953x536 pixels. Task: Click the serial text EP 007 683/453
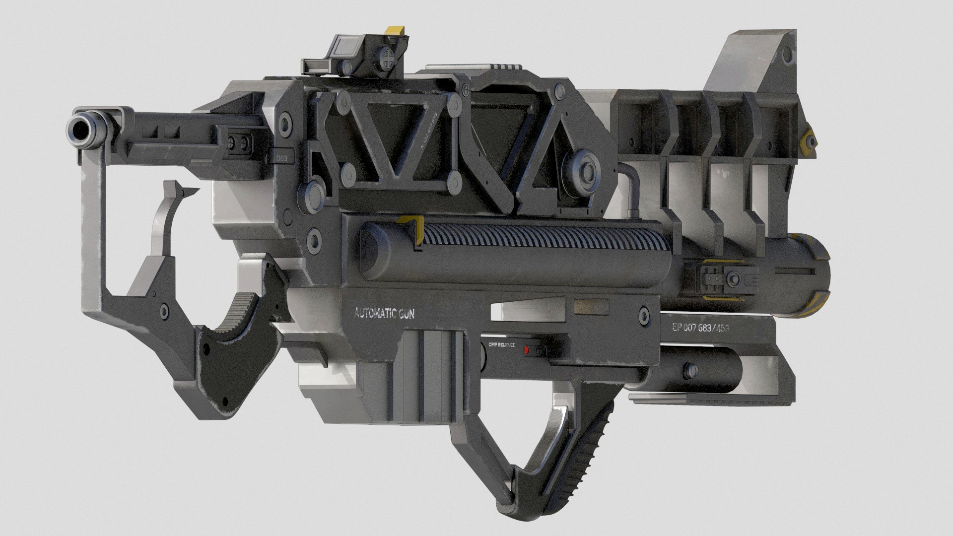pyautogui.click(x=700, y=328)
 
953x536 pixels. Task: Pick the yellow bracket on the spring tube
pyautogui.click(x=413, y=230)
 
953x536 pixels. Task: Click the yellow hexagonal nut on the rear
pyautogui.click(x=809, y=136)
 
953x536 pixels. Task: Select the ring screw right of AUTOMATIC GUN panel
pyautogui.click(x=644, y=315)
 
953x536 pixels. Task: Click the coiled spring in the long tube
pyautogui.click(x=541, y=241)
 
